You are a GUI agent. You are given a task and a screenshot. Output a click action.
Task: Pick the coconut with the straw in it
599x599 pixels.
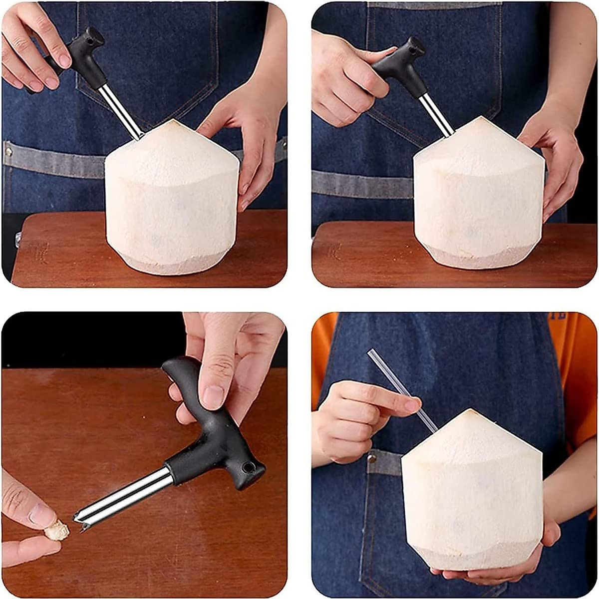pyautogui.click(x=472, y=494)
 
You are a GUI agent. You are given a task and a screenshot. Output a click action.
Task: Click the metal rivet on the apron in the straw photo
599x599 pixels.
pyautogui.click(x=371, y=457)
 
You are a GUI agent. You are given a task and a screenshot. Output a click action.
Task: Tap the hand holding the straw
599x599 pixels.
pyautogui.click(x=349, y=419)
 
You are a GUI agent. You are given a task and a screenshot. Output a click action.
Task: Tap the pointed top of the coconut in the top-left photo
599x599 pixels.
pyautogui.click(x=172, y=122)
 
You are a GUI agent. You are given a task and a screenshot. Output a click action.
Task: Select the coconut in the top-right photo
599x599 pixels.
pyautogui.click(x=479, y=200)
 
